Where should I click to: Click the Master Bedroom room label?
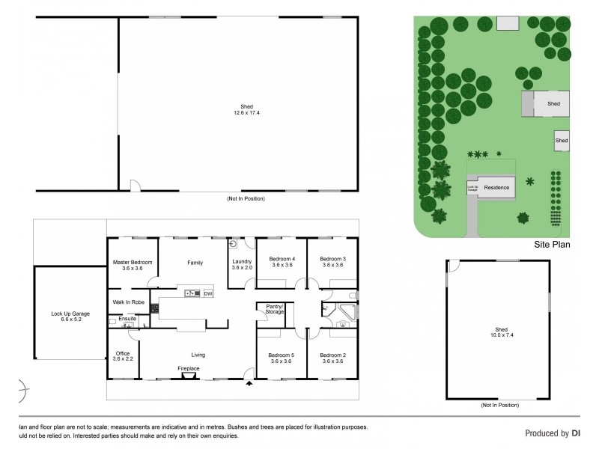[x=133, y=265]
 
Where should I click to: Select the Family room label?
[x=195, y=263]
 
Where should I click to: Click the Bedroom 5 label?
[x=282, y=358]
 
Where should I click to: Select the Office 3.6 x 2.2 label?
[x=123, y=356]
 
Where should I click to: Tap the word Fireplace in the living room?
[x=188, y=369]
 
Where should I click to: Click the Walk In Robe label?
[x=127, y=302]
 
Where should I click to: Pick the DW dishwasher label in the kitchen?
[x=207, y=293]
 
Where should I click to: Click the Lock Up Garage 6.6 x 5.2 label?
[x=70, y=316]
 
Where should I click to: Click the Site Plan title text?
[x=551, y=243]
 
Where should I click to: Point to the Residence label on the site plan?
[x=496, y=188]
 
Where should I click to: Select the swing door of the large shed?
[x=134, y=184]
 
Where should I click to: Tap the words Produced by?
[x=544, y=433]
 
